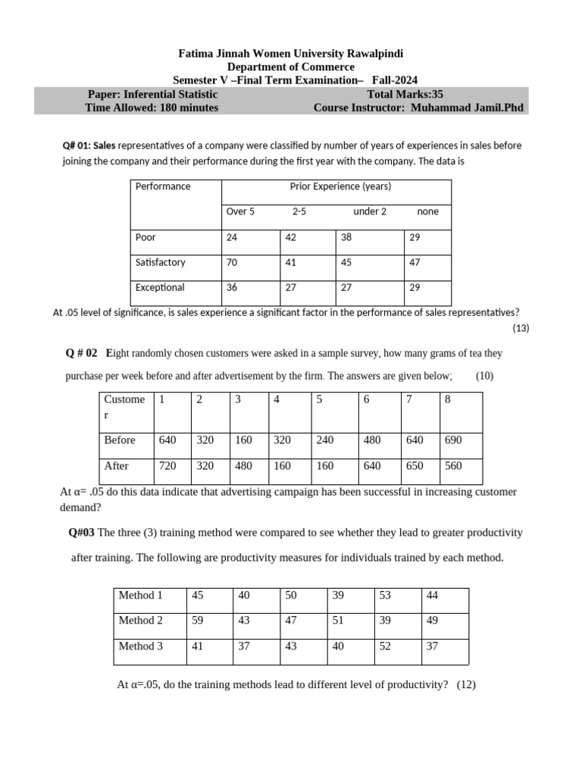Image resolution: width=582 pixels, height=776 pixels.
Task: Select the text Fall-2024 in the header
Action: (x=394, y=80)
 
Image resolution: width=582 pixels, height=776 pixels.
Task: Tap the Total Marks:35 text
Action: (x=410, y=94)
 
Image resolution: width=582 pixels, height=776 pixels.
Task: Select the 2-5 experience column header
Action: (x=299, y=211)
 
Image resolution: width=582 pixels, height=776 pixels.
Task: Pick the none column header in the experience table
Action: (x=427, y=211)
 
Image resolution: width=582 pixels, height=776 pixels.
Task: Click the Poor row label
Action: (x=145, y=237)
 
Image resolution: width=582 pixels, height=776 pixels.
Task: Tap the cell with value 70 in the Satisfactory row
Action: (x=232, y=262)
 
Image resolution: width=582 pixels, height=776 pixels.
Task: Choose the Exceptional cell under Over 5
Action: (x=232, y=287)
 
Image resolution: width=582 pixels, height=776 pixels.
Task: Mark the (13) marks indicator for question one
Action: (x=521, y=328)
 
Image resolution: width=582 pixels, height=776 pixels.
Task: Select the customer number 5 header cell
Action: (x=320, y=399)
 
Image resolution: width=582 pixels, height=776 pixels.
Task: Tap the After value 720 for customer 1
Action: (x=167, y=466)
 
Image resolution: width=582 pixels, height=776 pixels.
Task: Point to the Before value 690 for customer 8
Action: (x=453, y=440)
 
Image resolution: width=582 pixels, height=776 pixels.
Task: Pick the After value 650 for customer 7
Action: (x=415, y=466)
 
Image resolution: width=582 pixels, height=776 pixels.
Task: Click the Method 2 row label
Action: (x=140, y=620)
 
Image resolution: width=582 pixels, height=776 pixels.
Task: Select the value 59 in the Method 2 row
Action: (x=198, y=620)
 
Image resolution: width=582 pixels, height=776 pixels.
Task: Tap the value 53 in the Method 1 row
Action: (x=385, y=595)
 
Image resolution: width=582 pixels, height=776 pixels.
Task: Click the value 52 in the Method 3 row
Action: (x=385, y=646)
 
